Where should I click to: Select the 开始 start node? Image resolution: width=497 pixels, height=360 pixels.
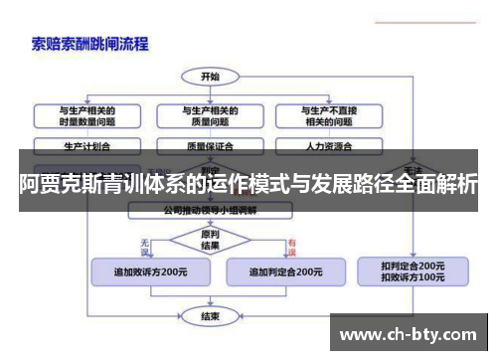[210, 76]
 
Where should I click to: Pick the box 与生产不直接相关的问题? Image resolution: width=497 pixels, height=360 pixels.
[327, 115]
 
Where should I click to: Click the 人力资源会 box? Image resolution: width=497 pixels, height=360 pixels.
[327, 145]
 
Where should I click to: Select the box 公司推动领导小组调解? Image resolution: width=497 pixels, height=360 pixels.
[211, 211]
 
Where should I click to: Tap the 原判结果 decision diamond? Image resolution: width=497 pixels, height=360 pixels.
[210, 240]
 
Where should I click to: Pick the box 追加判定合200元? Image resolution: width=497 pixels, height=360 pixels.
[284, 270]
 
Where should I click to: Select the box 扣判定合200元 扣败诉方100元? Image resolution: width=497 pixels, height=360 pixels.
[413, 270]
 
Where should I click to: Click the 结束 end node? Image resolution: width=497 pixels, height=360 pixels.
[210, 316]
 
